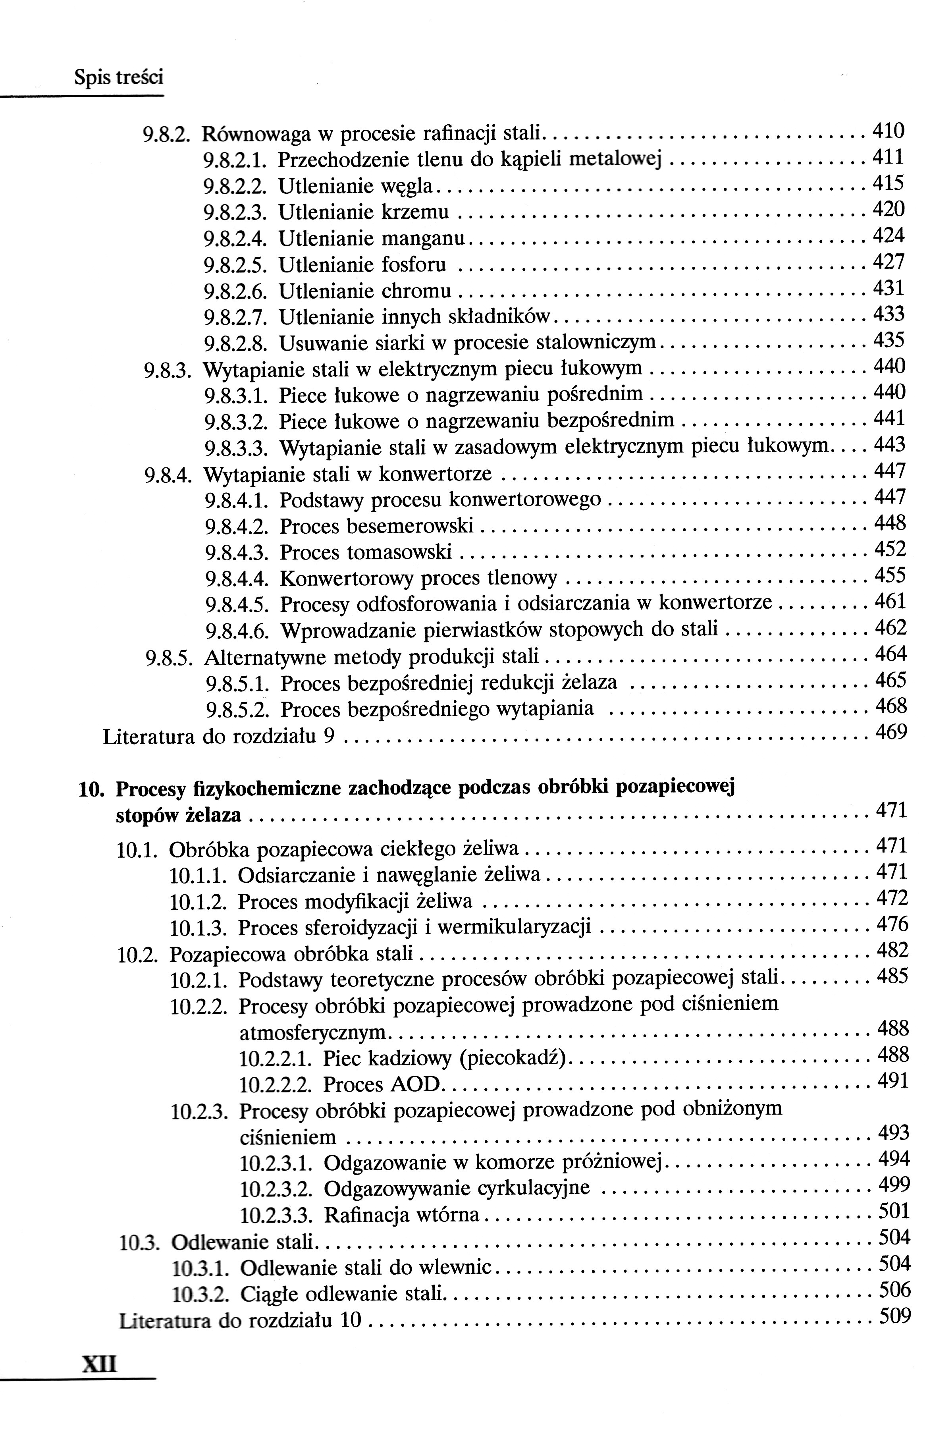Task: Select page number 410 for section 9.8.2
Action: [889, 130]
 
